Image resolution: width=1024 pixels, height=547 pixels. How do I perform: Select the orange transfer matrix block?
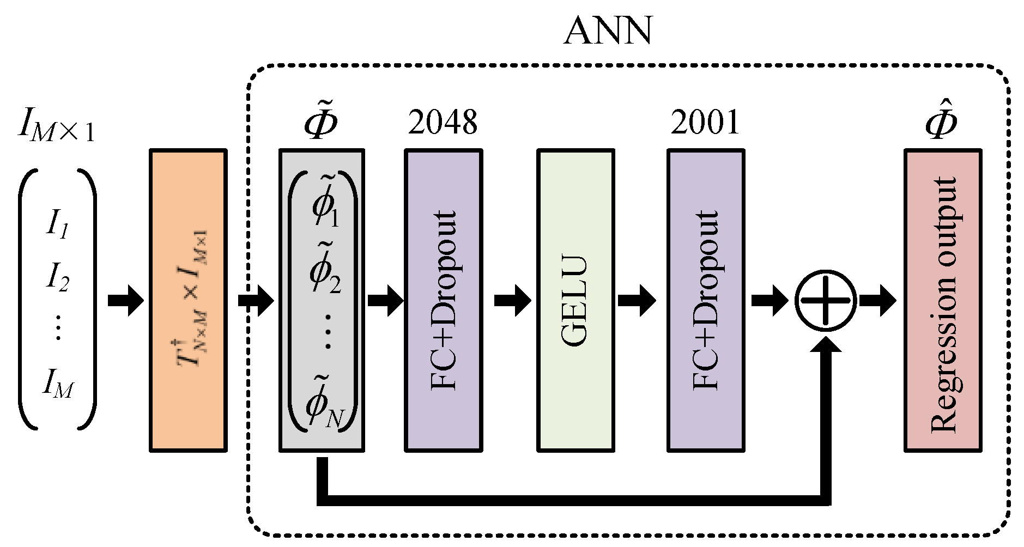188,300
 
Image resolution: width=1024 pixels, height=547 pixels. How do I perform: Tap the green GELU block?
575,300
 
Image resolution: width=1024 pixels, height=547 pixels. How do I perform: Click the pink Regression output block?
943,300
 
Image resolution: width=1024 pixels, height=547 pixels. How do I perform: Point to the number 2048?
443,122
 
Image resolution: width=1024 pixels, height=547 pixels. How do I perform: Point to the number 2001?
705,122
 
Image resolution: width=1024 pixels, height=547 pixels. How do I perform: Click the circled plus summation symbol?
826,300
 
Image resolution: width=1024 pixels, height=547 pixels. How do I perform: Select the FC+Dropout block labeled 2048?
443,300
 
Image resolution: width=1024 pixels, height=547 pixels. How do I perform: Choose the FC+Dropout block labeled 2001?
706,300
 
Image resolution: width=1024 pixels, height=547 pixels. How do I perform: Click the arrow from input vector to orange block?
125,300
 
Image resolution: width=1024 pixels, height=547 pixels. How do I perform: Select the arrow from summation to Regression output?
878,300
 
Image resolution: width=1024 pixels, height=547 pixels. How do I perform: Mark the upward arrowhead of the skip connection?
826,345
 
